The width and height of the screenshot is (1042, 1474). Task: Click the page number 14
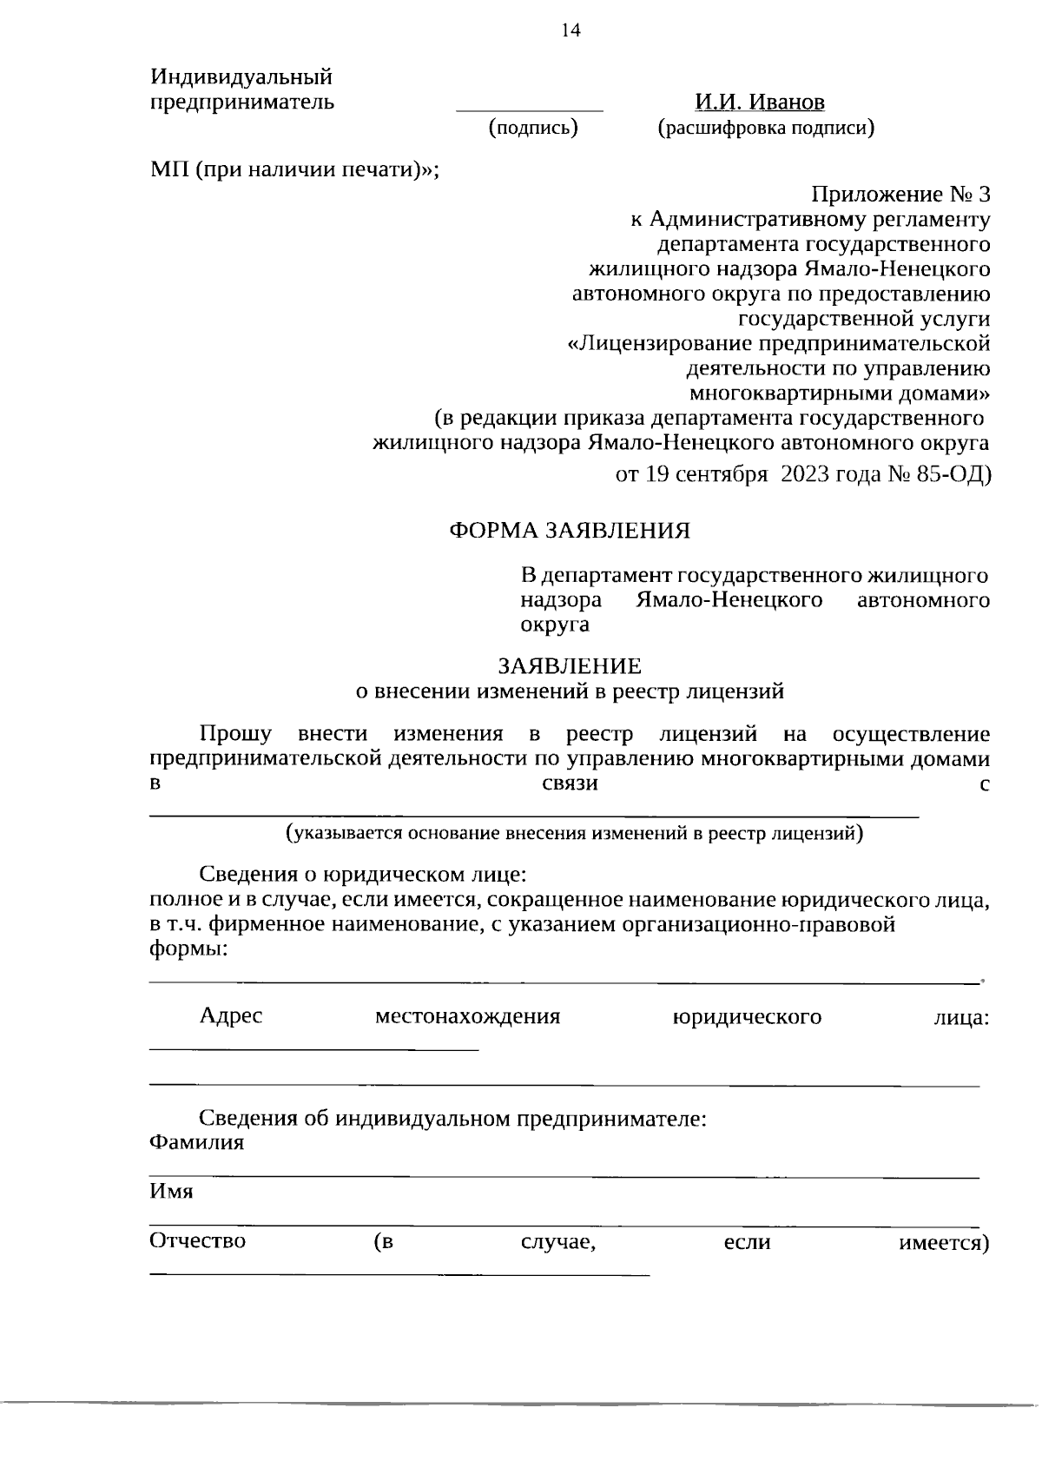coord(570,31)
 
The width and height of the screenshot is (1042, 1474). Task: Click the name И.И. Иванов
coord(759,102)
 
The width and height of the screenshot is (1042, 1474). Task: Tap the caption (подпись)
coord(533,129)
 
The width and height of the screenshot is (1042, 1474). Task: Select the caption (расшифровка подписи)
coord(765,129)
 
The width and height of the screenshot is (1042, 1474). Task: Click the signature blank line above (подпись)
coord(530,111)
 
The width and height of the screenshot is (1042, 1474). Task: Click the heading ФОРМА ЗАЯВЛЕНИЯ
coord(570,530)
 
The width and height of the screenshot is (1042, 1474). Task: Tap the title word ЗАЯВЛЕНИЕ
coord(570,666)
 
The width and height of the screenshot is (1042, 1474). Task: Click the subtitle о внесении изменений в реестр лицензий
coord(570,691)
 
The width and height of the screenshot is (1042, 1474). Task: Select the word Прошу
coord(235,734)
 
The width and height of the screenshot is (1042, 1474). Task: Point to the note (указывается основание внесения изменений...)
coord(575,835)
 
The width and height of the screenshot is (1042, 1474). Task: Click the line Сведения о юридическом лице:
coord(363,873)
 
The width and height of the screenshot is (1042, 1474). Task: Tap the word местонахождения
coord(467,1016)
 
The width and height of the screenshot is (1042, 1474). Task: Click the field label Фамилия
coord(196,1142)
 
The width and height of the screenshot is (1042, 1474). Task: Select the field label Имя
coord(171,1192)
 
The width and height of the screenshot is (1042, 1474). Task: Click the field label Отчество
coord(197,1241)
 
